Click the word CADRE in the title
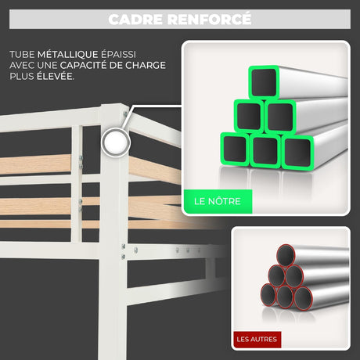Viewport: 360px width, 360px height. click(x=136, y=20)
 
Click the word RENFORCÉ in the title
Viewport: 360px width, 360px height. click(x=209, y=19)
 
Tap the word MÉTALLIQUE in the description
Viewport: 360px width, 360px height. click(x=67, y=54)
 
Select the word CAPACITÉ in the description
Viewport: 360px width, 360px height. click(x=83, y=65)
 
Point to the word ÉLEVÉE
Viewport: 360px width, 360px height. click(x=56, y=76)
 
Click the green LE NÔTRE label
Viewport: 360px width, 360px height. click(x=218, y=201)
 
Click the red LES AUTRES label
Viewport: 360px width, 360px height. click(x=257, y=339)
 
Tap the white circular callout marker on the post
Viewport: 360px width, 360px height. click(x=116, y=142)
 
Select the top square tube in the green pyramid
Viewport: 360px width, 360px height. click(x=264, y=82)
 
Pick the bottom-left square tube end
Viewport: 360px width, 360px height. click(x=235, y=149)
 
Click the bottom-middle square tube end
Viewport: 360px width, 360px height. click(x=265, y=151)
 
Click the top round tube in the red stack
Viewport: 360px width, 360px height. click(x=285, y=255)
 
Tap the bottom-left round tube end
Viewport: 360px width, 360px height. click(x=268, y=295)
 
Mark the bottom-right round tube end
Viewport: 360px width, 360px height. click(x=304, y=298)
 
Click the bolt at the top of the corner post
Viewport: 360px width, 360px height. click(x=125, y=113)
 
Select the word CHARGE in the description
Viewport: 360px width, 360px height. click(x=146, y=65)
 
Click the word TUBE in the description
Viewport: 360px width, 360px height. click(x=22, y=54)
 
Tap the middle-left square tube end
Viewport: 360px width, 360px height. click(x=249, y=116)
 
